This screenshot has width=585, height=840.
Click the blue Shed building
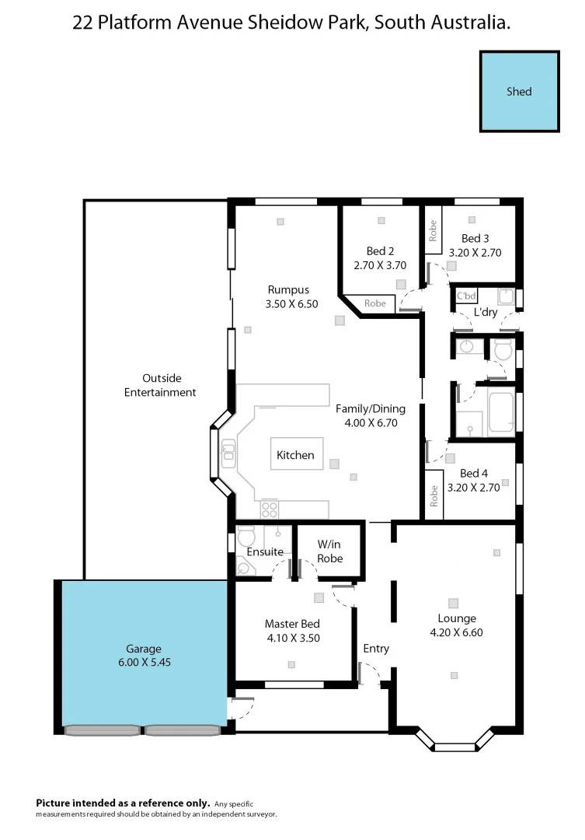click(519, 91)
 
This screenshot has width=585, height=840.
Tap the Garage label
click(144, 649)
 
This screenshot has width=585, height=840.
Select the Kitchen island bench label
click(295, 455)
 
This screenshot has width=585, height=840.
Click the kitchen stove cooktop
click(270, 509)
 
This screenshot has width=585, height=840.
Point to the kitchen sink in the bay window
click(228, 453)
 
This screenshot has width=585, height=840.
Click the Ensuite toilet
click(246, 537)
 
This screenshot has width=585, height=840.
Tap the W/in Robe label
click(330, 551)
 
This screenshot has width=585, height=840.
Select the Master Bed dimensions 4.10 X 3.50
click(292, 638)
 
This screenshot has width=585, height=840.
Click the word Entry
click(376, 648)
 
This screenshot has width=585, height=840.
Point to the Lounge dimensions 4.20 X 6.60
click(456, 632)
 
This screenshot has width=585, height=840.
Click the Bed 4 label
click(474, 474)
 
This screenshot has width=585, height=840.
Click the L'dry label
click(486, 313)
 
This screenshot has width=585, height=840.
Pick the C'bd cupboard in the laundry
click(466, 296)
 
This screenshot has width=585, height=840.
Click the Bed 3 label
click(475, 238)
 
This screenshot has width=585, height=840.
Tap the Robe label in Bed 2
click(375, 303)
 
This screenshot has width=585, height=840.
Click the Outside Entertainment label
click(160, 385)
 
